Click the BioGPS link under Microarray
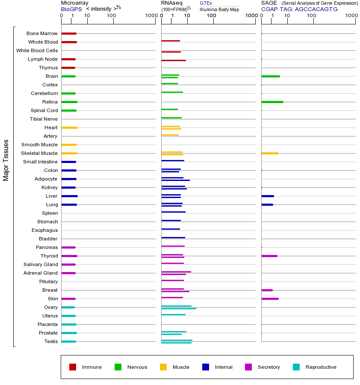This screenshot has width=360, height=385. coord(71,9)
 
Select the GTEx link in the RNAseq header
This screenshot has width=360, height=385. coord(206,3)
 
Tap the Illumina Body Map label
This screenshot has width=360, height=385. coord(219,9)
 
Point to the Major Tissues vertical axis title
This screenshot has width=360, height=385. coord(6,160)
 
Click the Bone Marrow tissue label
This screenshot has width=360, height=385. coord(42,33)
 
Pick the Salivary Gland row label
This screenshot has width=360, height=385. coord(41,264)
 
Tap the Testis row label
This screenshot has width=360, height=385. coord(51,341)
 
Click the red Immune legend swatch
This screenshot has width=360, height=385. coord(73,367)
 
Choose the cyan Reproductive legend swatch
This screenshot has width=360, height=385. coord(296,367)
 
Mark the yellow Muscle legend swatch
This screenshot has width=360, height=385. coord(163,367)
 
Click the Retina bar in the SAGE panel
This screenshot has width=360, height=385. coord(272,102)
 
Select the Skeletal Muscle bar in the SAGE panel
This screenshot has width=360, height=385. coord(270,153)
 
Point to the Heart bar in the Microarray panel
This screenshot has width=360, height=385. coord(69,127)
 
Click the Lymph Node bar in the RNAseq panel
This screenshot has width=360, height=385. coord(174,60)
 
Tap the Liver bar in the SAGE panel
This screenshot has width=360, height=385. coord(268,196)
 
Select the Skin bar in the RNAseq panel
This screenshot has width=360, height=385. coord(172,297)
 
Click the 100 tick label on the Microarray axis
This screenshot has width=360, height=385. coord(112,16)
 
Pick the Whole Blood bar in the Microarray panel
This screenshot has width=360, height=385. coord(69,42)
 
